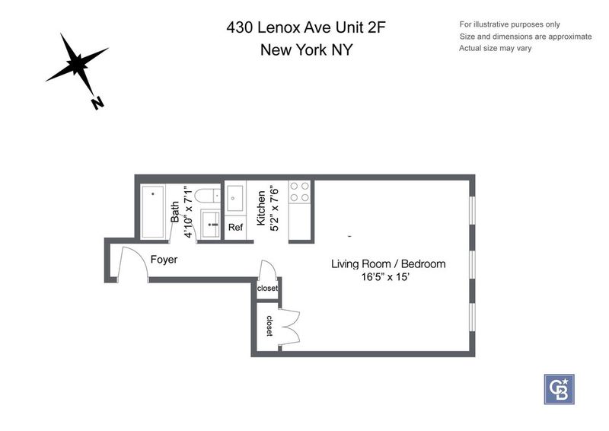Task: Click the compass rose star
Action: click(x=78, y=63)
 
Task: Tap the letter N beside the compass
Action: click(x=97, y=103)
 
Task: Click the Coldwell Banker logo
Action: click(x=559, y=389)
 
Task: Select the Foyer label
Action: click(x=164, y=259)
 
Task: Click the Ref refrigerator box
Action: click(x=235, y=228)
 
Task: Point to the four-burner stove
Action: click(x=300, y=192)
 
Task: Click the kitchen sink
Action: click(x=235, y=198)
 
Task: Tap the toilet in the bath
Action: click(x=208, y=196)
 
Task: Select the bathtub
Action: click(x=153, y=212)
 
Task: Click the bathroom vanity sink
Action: click(x=210, y=224)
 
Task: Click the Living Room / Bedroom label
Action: click(x=388, y=264)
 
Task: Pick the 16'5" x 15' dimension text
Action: click(x=386, y=277)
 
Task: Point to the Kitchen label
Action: click(x=261, y=208)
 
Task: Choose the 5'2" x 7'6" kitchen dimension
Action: click(x=274, y=209)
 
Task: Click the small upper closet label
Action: click(x=267, y=288)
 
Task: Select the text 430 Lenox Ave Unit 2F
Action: click(x=306, y=27)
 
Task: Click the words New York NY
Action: click(x=307, y=49)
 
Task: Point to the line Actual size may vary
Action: click(x=496, y=48)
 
